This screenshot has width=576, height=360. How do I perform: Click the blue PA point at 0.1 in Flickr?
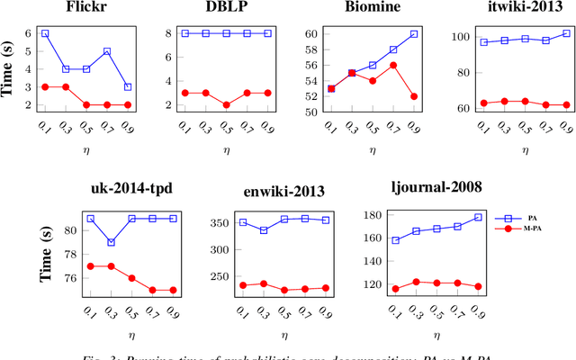coord(45,33)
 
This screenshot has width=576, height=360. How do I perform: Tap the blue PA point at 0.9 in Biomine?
coord(414,33)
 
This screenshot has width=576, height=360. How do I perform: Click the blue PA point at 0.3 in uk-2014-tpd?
coord(111,242)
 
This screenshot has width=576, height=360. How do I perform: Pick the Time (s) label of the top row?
coord(13,68)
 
